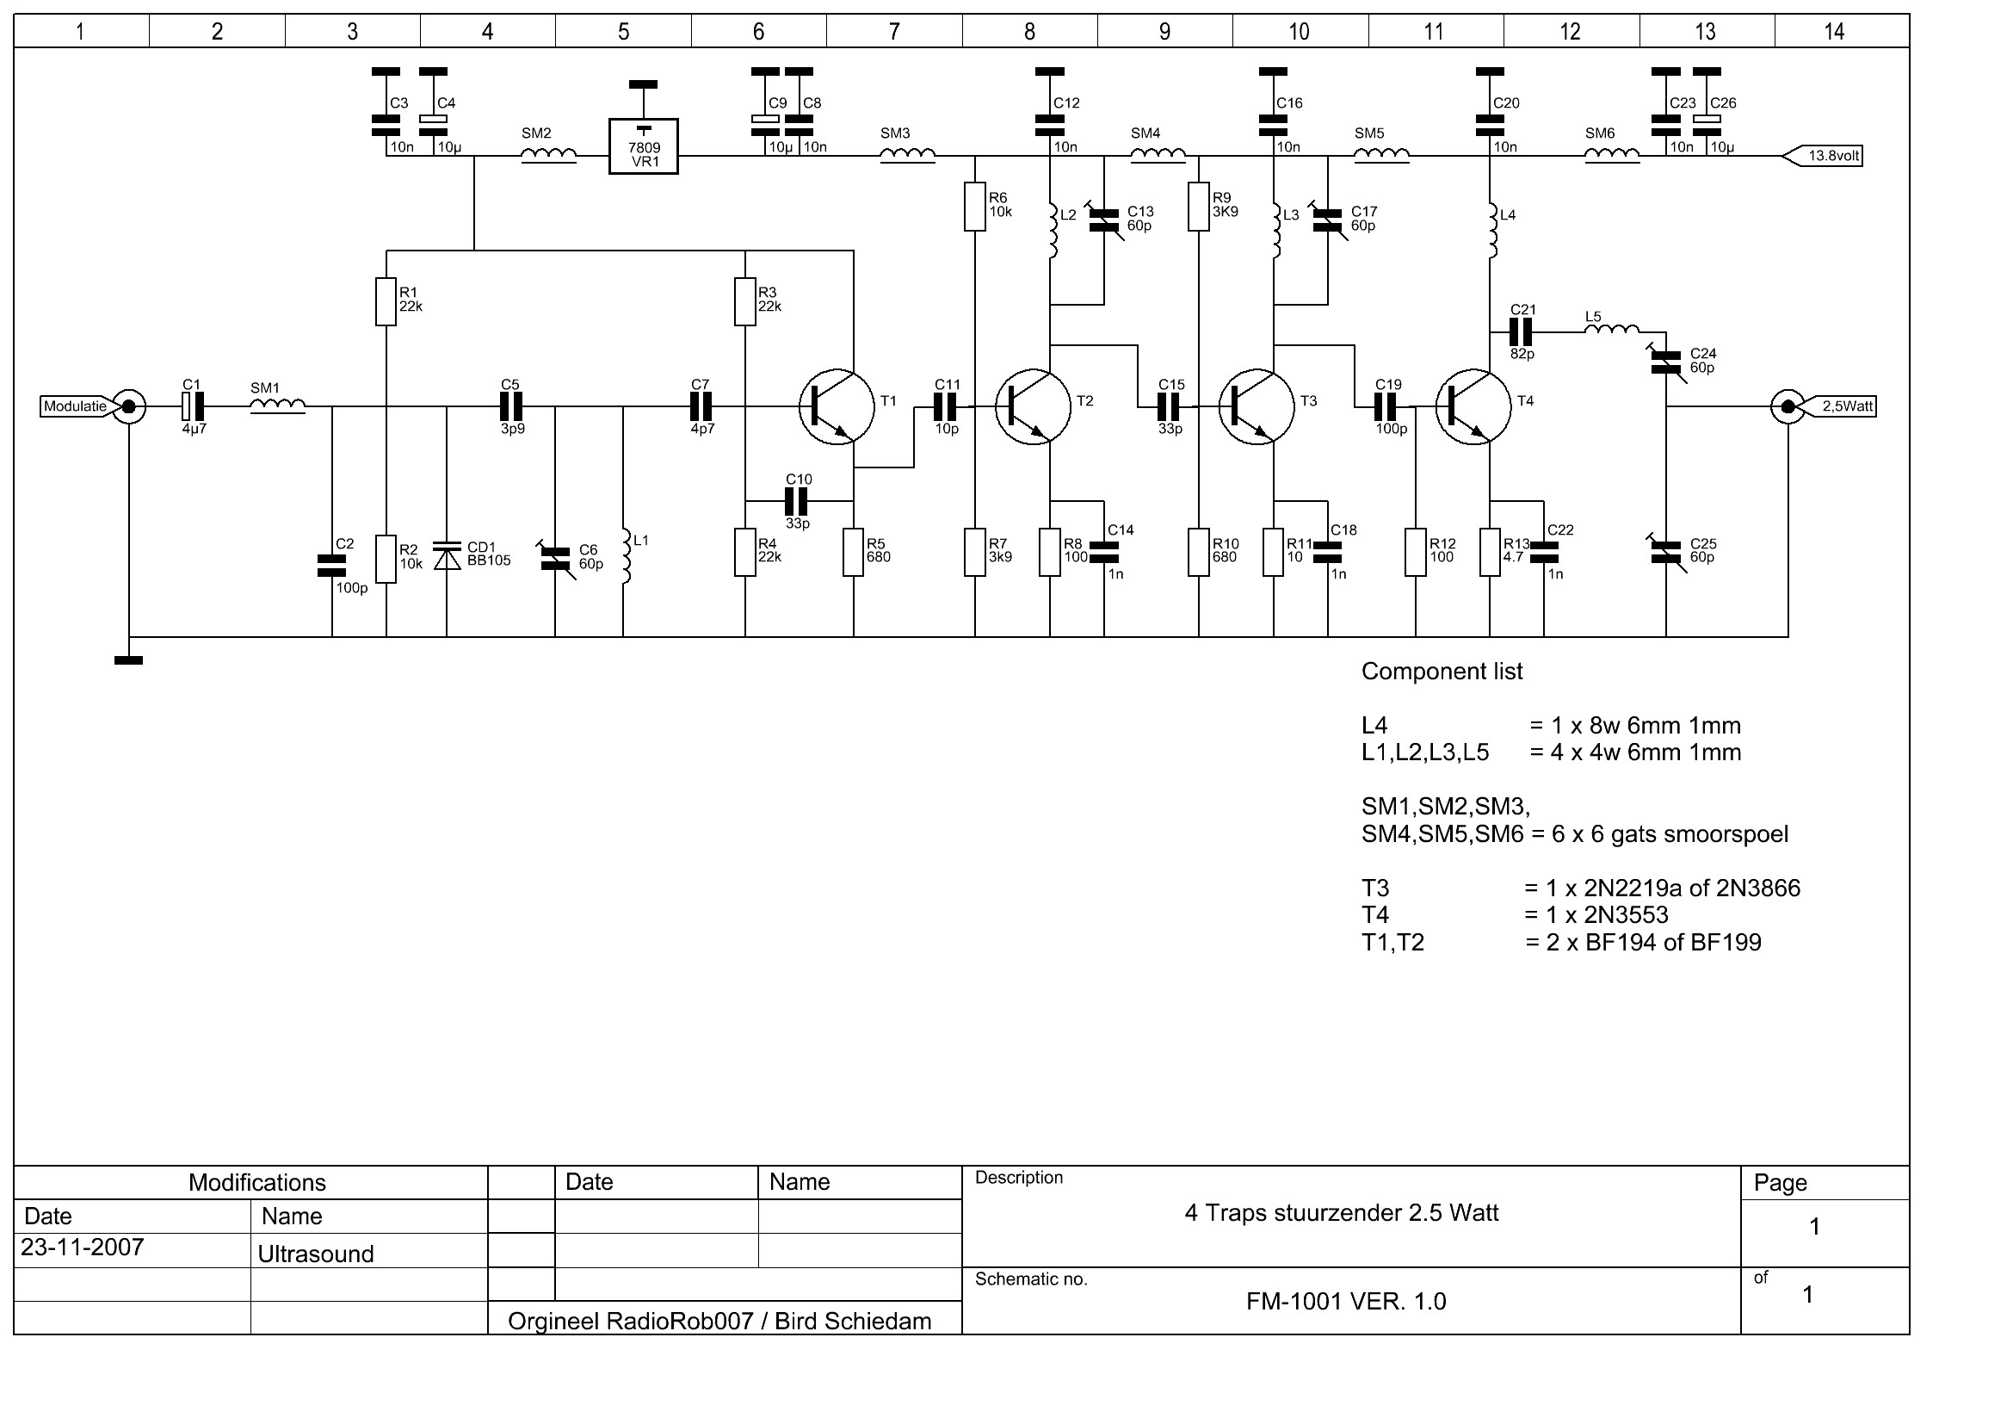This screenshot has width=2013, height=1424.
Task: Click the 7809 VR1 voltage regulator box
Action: coord(644,146)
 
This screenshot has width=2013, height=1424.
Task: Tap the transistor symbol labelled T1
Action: coord(837,406)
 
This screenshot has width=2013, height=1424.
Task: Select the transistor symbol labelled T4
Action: coord(1473,406)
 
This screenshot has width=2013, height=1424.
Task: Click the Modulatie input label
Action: coord(76,406)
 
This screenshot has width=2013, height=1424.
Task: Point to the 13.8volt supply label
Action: coord(1832,156)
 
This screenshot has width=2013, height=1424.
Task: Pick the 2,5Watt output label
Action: coord(1846,406)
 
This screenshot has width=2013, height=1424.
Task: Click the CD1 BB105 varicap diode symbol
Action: coord(448,556)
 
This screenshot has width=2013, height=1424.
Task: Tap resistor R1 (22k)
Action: coord(386,300)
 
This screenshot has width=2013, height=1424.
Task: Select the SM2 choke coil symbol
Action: coord(549,156)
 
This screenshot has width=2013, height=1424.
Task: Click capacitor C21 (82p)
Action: coord(1521,332)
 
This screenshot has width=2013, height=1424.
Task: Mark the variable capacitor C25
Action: coord(1666,552)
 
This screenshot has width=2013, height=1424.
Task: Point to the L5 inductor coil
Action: coord(1611,331)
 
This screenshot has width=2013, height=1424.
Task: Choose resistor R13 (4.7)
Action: coord(1490,552)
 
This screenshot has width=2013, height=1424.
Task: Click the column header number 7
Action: coord(893,32)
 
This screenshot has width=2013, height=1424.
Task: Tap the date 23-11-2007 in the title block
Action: coord(83,1248)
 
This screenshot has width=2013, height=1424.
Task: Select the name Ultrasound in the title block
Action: coord(316,1254)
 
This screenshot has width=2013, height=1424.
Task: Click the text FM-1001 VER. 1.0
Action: coord(1346,1301)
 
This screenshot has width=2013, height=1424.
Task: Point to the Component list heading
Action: coord(1442,672)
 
